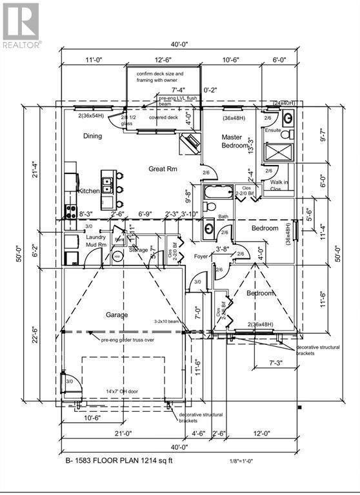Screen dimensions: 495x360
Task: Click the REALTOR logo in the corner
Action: [21, 24]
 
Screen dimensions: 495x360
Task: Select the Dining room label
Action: [93, 136]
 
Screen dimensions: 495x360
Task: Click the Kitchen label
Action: [89, 191]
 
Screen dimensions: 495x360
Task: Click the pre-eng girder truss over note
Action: [126, 339]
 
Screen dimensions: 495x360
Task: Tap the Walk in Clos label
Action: [279, 186]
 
